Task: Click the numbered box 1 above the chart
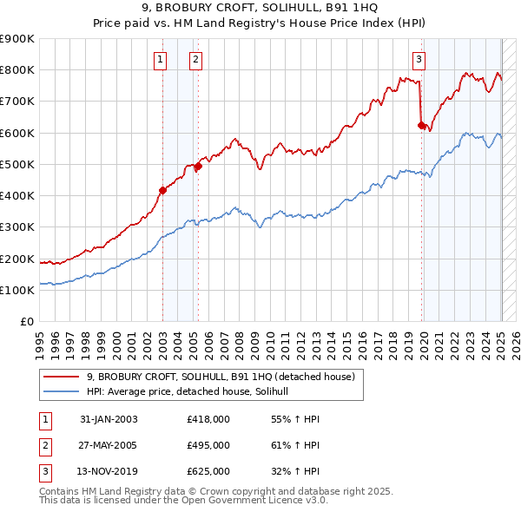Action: (162, 60)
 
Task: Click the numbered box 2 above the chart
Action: (196, 60)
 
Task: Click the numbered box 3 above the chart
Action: (419, 60)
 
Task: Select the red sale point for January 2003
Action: (162, 190)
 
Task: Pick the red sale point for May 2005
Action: (198, 166)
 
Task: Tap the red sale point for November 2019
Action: (421, 125)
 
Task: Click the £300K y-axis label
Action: (17, 227)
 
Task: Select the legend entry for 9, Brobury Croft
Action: (221, 377)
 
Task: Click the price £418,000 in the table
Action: (208, 419)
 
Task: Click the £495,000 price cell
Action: (208, 445)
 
